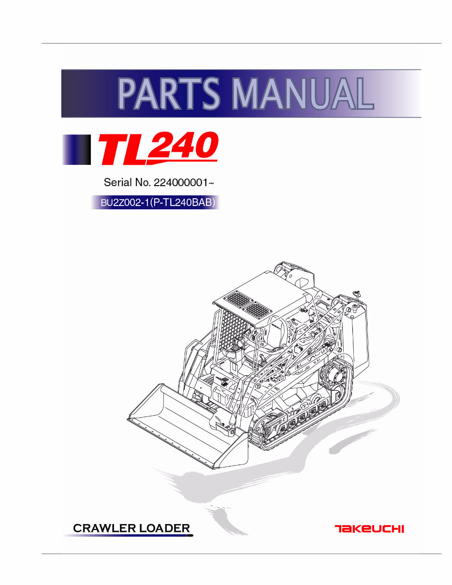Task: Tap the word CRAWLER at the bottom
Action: coord(103,528)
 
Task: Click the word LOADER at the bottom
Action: coord(164,528)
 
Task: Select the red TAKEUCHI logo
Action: coord(369,528)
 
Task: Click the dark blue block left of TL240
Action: coord(77,150)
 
